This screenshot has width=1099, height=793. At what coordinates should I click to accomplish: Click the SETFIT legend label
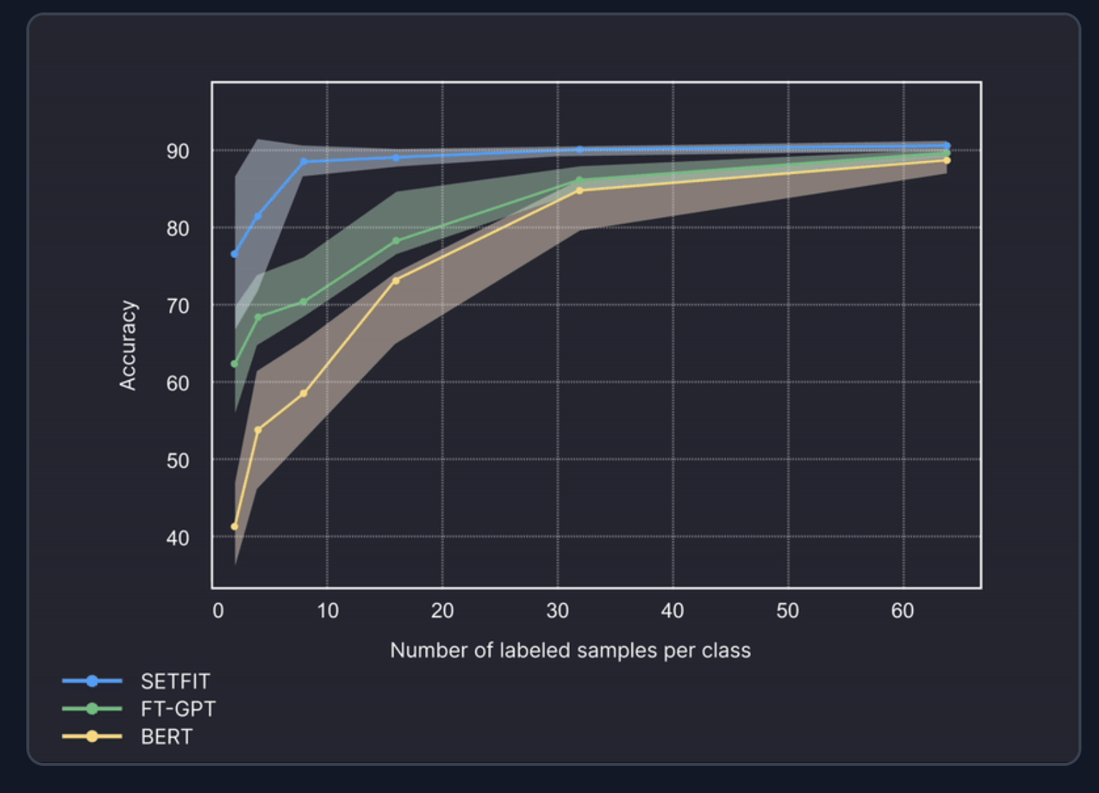[x=175, y=682]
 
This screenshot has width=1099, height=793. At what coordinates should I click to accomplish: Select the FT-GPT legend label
[x=178, y=709]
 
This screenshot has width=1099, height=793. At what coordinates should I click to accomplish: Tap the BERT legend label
[x=166, y=737]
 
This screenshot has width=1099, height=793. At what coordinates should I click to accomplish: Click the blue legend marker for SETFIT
[x=92, y=682]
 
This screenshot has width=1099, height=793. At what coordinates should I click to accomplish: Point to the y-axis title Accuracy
[x=128, y=345]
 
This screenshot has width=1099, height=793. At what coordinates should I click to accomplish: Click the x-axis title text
[x=570, y=650]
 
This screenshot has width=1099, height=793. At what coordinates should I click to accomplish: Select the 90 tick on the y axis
[x=178, y=152]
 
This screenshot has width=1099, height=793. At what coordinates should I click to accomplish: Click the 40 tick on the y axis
[x=178, y=539]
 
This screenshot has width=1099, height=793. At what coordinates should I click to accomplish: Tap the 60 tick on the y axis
[x=178, y=383]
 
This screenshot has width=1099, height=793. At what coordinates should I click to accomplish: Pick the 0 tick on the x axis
[x=218, y=611]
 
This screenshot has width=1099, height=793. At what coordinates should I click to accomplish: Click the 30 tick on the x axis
[x=558, y=611]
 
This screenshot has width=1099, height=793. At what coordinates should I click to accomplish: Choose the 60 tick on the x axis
[x=903, y=611]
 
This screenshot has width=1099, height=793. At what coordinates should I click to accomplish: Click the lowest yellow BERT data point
[x=234, y=526]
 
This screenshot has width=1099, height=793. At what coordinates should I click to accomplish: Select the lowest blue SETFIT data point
[x=234, y=254]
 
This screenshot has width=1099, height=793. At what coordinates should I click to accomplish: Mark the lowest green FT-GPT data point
[x=234, y=364]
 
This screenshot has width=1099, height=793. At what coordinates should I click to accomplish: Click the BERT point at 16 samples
[x=396, y=281]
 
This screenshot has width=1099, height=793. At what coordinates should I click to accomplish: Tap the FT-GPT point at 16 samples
[x=396, y=240]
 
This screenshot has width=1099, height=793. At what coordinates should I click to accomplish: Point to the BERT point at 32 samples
[x=580, y=191]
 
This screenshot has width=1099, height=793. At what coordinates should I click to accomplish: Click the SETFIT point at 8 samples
[x=304, y=161]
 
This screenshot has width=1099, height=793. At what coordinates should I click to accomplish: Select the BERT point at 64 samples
[x=947, y=160]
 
